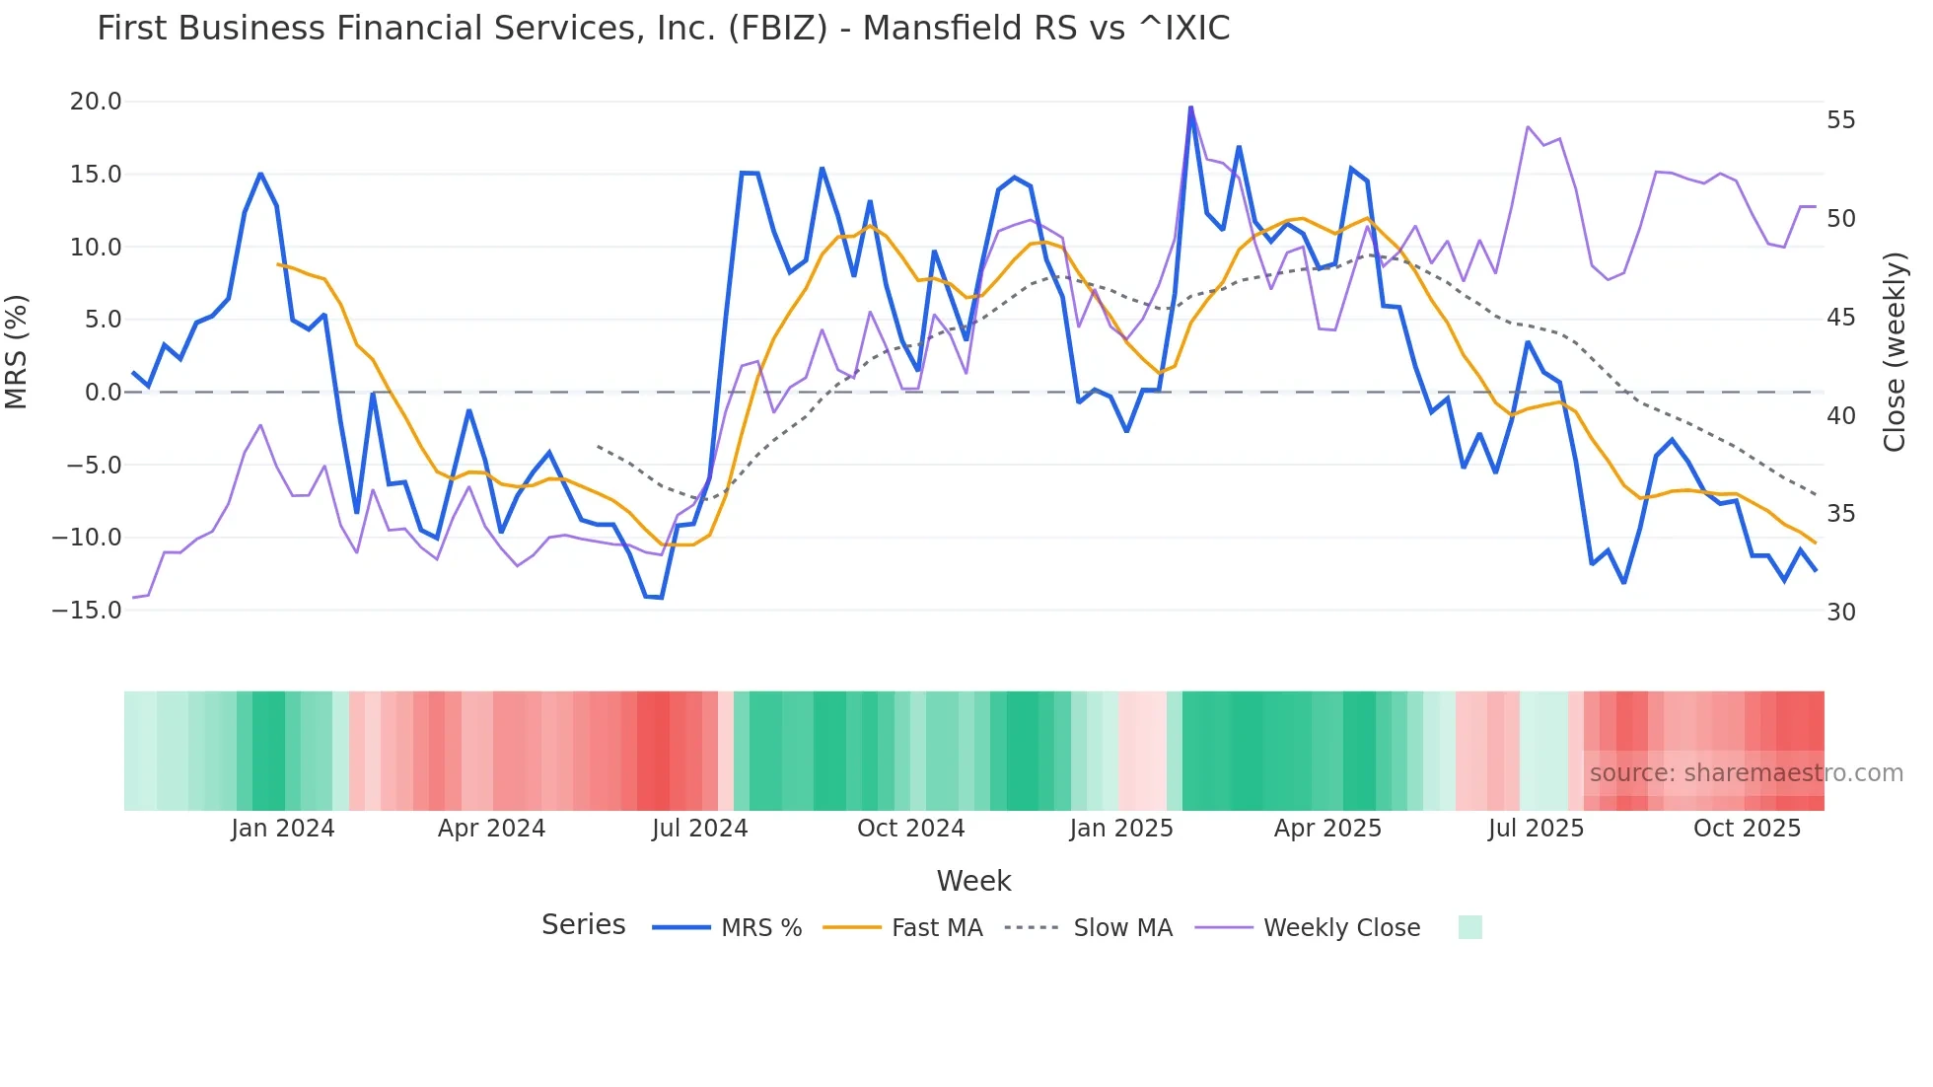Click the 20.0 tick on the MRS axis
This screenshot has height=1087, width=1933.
tap(96, 102)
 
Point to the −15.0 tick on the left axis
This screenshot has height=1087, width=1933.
tap(87, 611)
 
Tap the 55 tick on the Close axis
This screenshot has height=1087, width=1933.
tap(1841, 120)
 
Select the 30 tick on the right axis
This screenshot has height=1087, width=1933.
tap(1841, 613)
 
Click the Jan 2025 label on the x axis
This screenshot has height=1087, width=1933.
tap(1121, 829)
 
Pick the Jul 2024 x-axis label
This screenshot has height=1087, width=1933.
tap(700, 829)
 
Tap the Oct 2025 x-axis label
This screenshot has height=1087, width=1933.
tap(1747, 829)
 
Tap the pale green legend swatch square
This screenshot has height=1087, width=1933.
tap(1470, 928)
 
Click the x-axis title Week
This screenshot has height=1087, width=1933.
tap(973, 881)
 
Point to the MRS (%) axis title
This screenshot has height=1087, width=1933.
tap(17, 352)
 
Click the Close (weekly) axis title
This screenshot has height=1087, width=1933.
tap(1895, 352)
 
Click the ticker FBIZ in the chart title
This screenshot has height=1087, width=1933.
tap(778, 29)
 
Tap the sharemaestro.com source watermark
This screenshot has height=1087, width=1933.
tap(1746, 773)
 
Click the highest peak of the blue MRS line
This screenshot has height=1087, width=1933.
tap(1190, 108)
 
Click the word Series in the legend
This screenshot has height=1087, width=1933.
tap(583, 925)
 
